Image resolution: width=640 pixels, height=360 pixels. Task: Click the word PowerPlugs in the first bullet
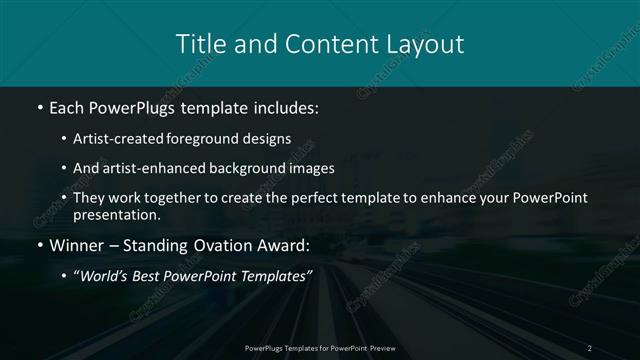click(x=134, y=106)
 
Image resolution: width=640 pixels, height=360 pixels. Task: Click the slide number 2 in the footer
click(x=590, y=347)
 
